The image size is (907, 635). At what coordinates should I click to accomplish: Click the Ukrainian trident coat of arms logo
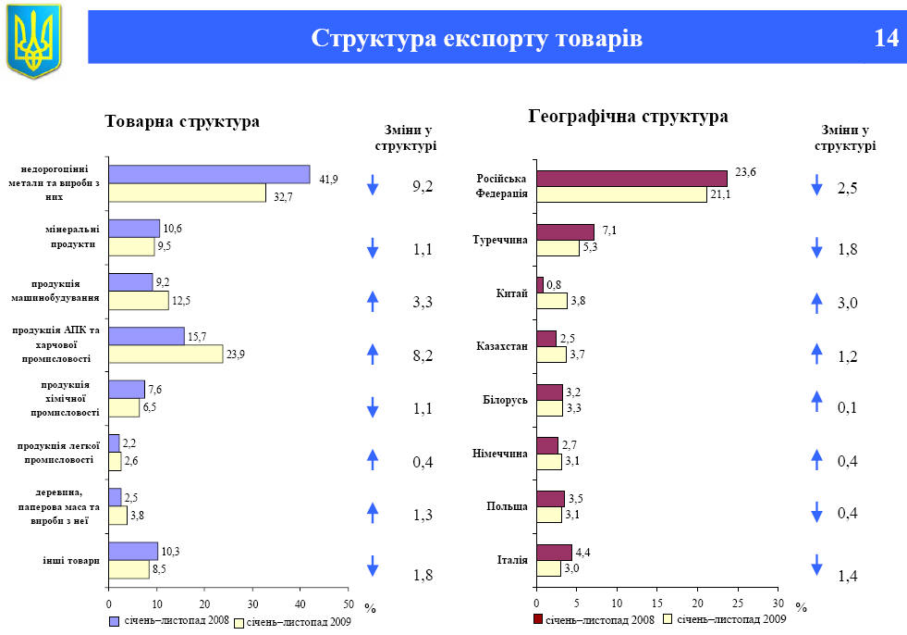tap(33, 41)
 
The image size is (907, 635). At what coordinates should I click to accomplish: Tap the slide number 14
tap(885, 38)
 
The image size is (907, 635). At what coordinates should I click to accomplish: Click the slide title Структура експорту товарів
tap(476, 38)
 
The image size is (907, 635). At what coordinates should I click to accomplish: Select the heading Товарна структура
tap(182, 122)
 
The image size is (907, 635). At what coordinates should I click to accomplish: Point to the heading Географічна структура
tap(628, 117)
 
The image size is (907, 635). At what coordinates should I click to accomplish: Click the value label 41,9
tap(328, 179)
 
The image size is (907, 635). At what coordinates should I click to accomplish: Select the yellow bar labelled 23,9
tap(165, 354)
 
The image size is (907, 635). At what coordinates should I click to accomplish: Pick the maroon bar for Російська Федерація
tap(631, 179)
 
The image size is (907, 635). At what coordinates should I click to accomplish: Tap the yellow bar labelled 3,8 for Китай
tap(552, 301)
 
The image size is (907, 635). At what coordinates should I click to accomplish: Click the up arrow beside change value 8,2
tap(373, 351)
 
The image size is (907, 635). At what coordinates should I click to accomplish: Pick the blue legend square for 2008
tap(115, 620)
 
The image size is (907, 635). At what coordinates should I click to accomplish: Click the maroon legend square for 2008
tap(538, 618)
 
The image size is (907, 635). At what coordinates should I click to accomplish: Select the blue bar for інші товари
tap(133, 552)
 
